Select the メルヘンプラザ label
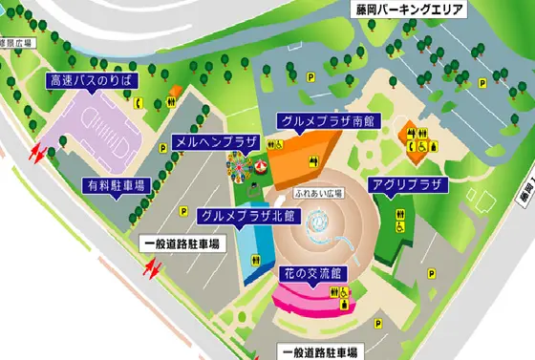pyautogui.click(x=217, y=141)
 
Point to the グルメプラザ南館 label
pyautogui.click(x=326, y=121)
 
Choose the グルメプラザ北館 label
pyautogui.click(x=247, y=216)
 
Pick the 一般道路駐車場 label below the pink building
pyautogui.click(x=315, y=351)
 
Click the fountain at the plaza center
pyautogui.click(x=320, y=222)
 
